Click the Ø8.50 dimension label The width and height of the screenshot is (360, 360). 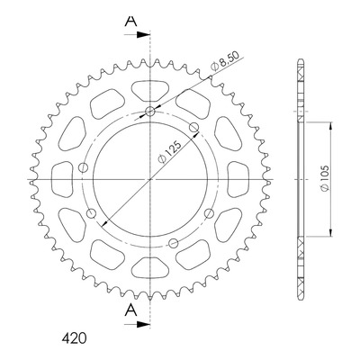click(x=225, y=61)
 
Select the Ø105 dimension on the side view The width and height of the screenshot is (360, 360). click(x=325, y=178)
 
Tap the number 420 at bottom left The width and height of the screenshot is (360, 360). click(x=74, y=338)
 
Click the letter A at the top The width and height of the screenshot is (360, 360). click(x=130, y=21)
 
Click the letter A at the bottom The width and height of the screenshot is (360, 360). click(x=130, y=310)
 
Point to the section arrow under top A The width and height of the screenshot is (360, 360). click(x=137, y=35)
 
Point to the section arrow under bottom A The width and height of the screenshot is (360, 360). click(x=137, y=324)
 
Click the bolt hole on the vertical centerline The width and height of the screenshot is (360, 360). click(x=149, y=112)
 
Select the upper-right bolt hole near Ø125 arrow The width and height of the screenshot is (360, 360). click(x=194, y=127)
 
